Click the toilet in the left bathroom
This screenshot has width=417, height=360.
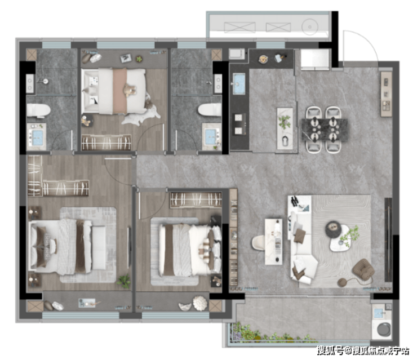pos(38,110)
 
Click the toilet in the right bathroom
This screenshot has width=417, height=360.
pos(210,110)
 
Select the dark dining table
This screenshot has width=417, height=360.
pos(324,130)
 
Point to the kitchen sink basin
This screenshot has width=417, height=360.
pos(239,83)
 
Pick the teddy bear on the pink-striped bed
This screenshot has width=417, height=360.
pos(130,90)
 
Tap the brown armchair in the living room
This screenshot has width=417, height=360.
pos(363,269)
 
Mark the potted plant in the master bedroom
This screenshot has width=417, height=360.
pos(124,281)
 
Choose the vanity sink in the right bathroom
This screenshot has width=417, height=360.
pos(211,136)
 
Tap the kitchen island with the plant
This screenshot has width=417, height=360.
pos(285,128)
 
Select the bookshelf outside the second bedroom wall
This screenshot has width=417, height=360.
pos(233,237)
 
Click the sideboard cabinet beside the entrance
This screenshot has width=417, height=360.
pos(387,94)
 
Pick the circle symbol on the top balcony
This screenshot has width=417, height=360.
pos(310,27)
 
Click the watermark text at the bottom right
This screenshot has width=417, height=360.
pos(363,350)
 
